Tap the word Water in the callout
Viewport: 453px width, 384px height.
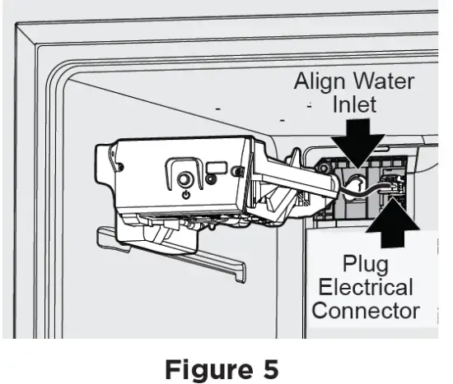click(x=385, y=84)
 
